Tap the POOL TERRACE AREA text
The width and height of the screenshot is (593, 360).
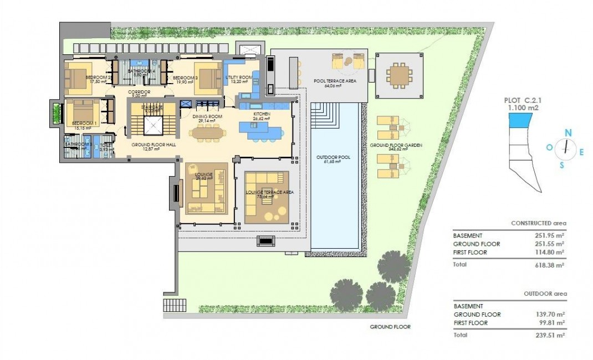click(x=334, y=81)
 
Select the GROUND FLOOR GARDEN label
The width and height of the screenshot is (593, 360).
click(x=396, y=145)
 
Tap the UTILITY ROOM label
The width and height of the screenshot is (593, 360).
click(x=239, y=77)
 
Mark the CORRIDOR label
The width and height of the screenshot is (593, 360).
click(x=139, y=92)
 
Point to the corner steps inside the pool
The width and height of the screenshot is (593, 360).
click(x=325, y=115)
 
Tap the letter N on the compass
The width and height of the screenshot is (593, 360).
click(x=568, y=132)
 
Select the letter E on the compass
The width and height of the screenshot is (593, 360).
click(x=581, y=152)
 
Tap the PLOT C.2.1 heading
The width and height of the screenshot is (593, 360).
click(x=522, y=100)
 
